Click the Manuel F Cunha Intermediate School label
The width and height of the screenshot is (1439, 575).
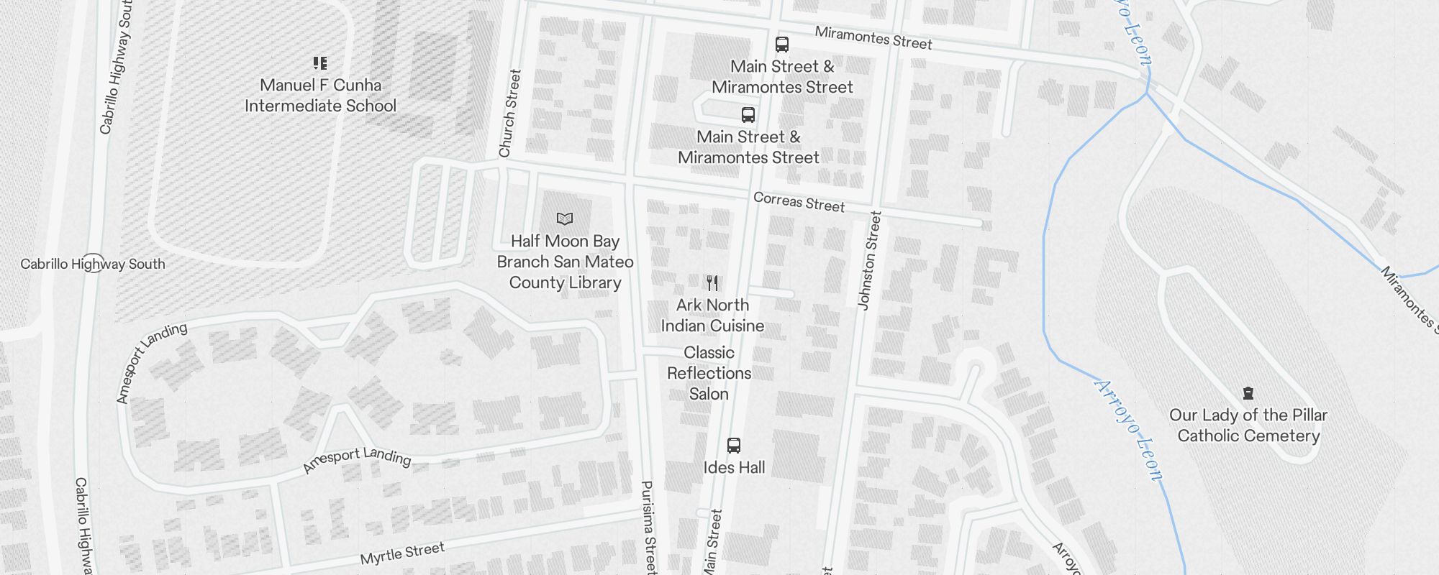pos(320,96)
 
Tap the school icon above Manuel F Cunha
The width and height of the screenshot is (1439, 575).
pos(320,63)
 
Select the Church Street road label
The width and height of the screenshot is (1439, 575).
pos(509,113)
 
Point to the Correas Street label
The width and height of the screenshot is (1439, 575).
pos(799,202)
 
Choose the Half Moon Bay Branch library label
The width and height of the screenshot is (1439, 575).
pos(565,262)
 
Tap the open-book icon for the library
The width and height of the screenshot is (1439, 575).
pos(565,218)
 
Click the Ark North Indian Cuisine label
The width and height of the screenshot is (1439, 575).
pos(712,316)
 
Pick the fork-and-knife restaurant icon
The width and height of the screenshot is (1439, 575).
pos(712,282)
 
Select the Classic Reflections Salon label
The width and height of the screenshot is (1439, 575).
pos(709,373)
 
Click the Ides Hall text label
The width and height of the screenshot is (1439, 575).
pos(734,467)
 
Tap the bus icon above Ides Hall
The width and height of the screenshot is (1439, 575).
pos(734,445)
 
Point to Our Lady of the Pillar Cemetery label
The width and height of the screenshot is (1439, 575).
pos(1248,425)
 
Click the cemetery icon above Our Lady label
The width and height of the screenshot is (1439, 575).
pos(1248,393)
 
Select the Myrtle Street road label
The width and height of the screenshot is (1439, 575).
pos(402,553)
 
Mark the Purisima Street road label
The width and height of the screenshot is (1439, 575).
pos(649,527)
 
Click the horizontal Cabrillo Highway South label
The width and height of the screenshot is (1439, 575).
pos(93,264)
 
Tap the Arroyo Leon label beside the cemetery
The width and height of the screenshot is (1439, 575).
pos(1127,429)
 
